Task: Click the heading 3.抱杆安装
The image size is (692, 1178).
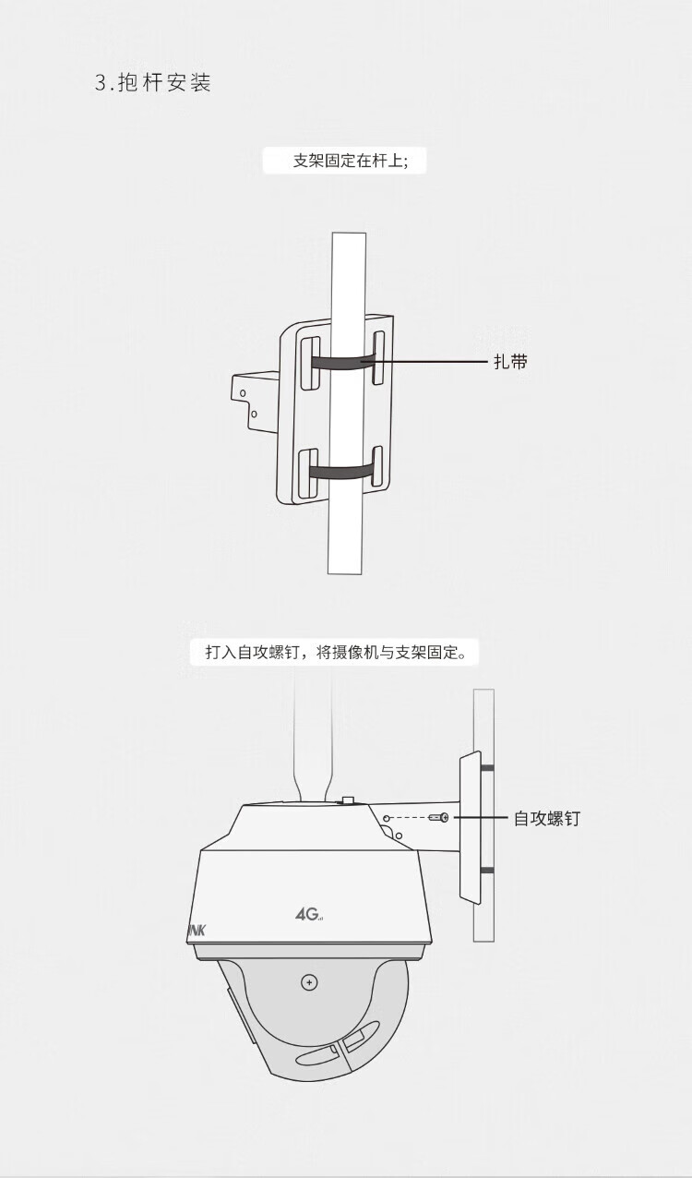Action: coord(153,83)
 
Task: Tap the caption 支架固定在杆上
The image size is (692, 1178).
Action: coord(358,161)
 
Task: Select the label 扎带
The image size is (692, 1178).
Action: coord(510,362)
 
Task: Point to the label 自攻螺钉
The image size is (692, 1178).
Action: coord(547,819)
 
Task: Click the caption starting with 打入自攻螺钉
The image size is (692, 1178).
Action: coord(342,653)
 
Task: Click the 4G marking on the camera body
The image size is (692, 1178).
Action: coord(308,914)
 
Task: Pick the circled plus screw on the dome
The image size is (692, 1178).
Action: coord(309,982)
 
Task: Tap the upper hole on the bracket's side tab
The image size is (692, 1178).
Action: coord(244,393)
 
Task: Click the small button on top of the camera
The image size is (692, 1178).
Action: coord(348,800)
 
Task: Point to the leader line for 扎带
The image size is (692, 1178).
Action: coord(434,362)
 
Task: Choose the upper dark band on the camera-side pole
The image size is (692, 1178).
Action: coord(486,768)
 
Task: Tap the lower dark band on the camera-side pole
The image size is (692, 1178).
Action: coord(486,870)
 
